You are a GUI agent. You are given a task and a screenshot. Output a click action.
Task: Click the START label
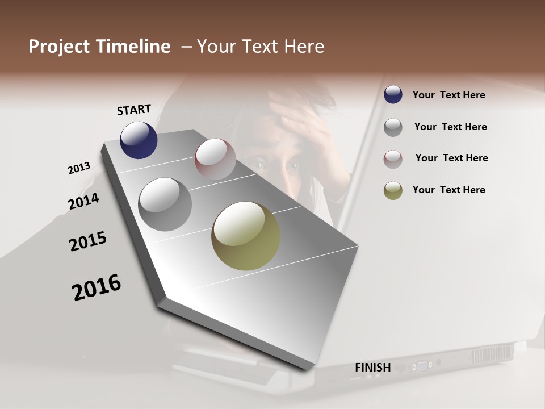[x=134, y=110]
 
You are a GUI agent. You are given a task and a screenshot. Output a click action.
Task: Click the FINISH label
[x=372, y=368]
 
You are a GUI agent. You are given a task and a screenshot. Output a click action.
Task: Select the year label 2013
[x=79, y=168]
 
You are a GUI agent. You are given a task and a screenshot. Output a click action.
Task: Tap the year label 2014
[x=83, y=201]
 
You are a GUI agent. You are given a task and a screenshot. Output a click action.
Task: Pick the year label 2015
[x=88, y=241]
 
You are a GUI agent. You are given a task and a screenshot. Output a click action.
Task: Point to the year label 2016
[x=97, y=287]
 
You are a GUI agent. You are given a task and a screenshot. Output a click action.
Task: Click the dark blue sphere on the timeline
[x=139, y=140]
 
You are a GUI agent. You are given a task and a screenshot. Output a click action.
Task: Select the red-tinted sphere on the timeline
[x=215, y=159]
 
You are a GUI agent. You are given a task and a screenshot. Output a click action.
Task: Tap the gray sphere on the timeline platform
[x=165, y=204]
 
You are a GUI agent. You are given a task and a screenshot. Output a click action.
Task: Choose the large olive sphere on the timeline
[x=246, y=236]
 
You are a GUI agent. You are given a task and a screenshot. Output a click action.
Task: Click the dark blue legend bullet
[x=393, y=95]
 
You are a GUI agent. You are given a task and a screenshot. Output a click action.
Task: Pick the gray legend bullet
[x=393, y=127]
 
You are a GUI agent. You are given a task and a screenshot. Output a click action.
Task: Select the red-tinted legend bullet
[x=393, y=158]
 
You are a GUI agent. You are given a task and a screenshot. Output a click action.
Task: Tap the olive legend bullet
[x=393, y=190]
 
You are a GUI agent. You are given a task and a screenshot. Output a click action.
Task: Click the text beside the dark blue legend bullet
[x=448, y=95]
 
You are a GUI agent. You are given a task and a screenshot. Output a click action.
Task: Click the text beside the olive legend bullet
[x=448, y=190]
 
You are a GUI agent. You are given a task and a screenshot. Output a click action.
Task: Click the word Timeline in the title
[x=135, y=47]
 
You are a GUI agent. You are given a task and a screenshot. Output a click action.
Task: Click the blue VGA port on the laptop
[x=422, y=365]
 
